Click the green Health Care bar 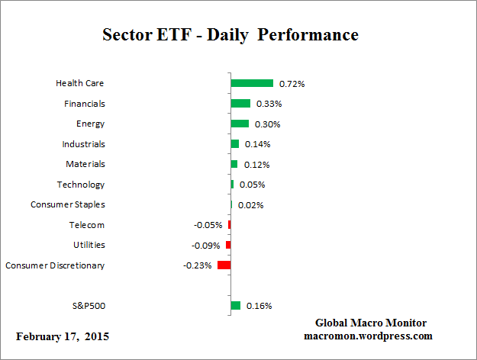(252, 83)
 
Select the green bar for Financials (240, 104)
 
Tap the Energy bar (240, 124)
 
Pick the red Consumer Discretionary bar (224, 265)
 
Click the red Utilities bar (228, 245)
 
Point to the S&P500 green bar (236, 306)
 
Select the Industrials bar (235, 144)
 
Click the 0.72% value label (291, 83)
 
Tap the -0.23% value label (197, 265)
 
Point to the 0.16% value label (259, 306)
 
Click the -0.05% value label (208, 225)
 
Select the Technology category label (81, 185)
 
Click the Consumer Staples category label (68, 204)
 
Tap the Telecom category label (87, 225)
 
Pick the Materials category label (85, 164)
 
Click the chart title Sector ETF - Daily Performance (230, 35)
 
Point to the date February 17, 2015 (63, 336)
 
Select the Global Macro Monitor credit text (370, 323)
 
